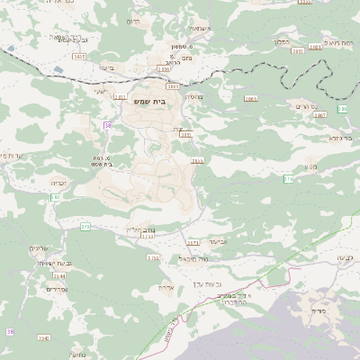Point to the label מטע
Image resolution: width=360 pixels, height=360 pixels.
(x=310, y=167)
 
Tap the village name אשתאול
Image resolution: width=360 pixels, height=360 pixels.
(x=200, y=29)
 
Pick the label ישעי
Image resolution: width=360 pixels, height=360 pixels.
(x=100, y=91)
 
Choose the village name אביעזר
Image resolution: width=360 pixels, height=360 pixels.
(x=219, y=242)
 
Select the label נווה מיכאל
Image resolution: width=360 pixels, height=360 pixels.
(x=193, y=258)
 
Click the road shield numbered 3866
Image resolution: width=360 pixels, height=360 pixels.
(x=250, y=98)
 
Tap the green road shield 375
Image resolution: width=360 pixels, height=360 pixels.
(x=85, y=228)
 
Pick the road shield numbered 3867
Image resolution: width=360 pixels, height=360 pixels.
(x=319, y=115)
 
